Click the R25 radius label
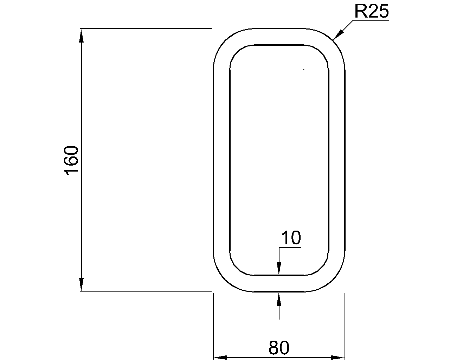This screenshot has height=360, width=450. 371,12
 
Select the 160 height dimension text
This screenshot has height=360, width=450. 71,160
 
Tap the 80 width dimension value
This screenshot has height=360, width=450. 279,348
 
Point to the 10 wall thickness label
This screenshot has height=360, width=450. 291,238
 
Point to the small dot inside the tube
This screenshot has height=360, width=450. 304,70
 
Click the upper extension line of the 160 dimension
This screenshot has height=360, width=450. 146,28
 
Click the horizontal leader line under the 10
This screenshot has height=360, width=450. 290,247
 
